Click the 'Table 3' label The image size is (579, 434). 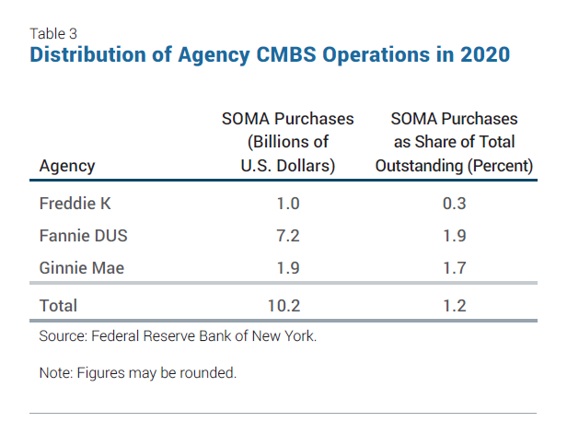(x=53, y=33)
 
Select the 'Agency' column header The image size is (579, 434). (x=67, y=167)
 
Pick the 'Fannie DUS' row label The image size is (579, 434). (x=83, y=235)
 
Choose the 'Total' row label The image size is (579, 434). (x=58, y=305)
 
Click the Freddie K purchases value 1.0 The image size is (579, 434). (x=287, y=204)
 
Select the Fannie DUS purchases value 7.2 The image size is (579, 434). (x=287, y=235)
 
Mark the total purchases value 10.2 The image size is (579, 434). (x=287, y=305)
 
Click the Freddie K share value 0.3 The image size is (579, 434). (x=454, y=204)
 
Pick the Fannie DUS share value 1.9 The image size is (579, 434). (x=454, y=235)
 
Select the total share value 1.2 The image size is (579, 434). (x=454, y=305)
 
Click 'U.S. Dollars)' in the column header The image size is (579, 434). (x=287, y=167)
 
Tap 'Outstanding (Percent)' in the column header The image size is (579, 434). (x=454, y=167)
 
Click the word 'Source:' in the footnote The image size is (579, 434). (x=63, y=336)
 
